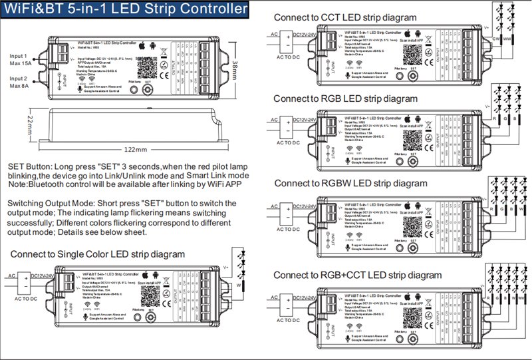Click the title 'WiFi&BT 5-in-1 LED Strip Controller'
(x=128, y=11)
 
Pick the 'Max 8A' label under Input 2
(x=19, y=87)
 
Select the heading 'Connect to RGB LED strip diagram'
(x=346, y=98)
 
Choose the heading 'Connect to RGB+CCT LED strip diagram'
(x=357, y=274)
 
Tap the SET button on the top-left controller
(x=148, y=92)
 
